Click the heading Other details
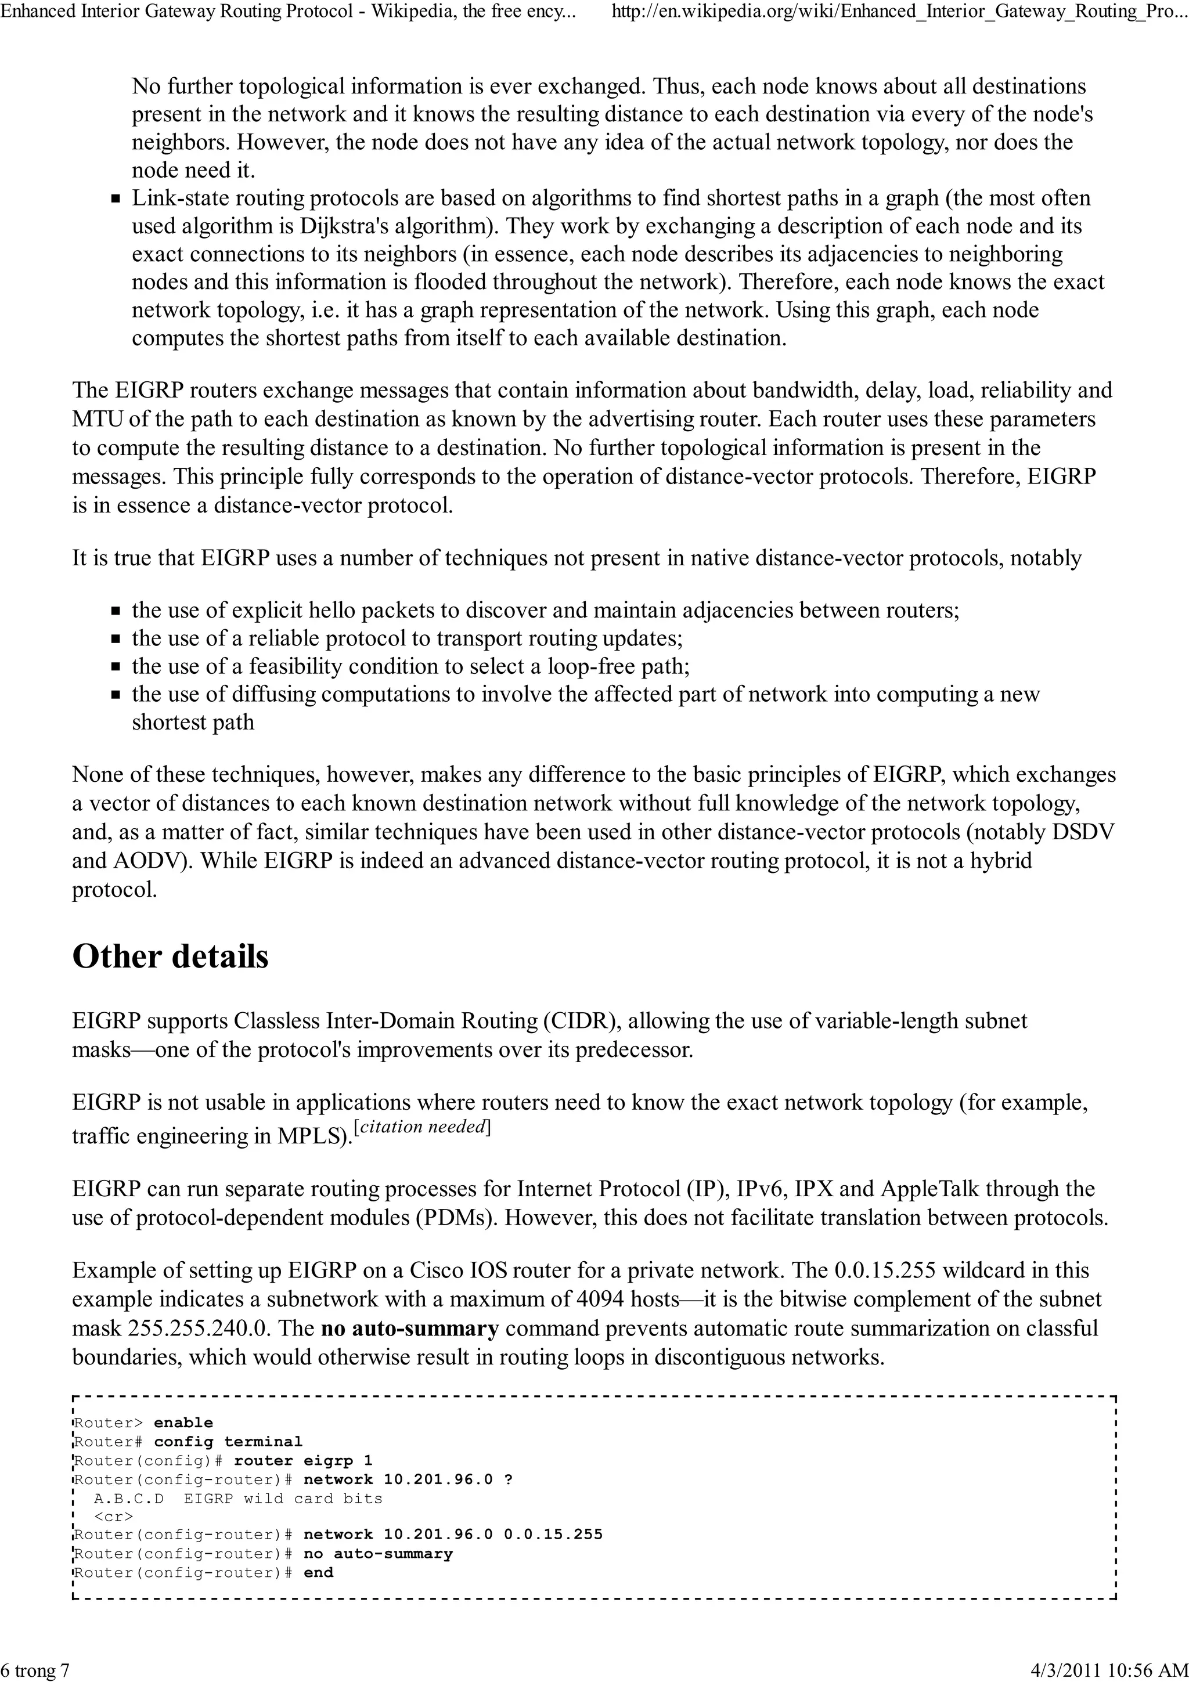170,956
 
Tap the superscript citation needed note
422,1127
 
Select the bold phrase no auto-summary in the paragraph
409,1328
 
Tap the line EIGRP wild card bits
283,1498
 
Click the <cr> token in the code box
114,1517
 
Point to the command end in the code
318,1572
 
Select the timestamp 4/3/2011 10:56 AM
1108,1670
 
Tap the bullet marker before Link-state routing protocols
115,199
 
